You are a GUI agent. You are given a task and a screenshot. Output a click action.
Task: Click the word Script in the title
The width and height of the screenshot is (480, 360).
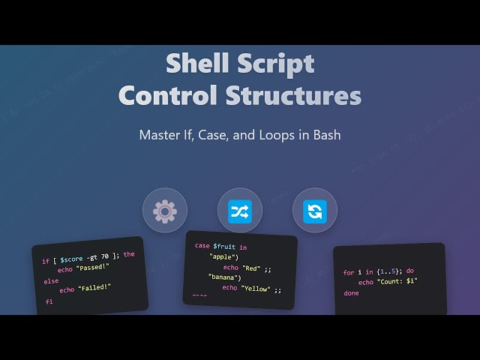click(x=277, y=64)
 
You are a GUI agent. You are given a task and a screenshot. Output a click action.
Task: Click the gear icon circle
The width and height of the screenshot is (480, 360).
click(x=165, y=211)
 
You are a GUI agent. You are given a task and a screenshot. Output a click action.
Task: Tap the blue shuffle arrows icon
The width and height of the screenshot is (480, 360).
click(x=240, y=211)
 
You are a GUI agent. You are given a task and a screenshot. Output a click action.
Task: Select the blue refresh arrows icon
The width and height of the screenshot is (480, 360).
click(x=315, y=211)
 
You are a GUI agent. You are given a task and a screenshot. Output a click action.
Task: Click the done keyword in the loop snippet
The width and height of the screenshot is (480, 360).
click(x=351, y=293)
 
